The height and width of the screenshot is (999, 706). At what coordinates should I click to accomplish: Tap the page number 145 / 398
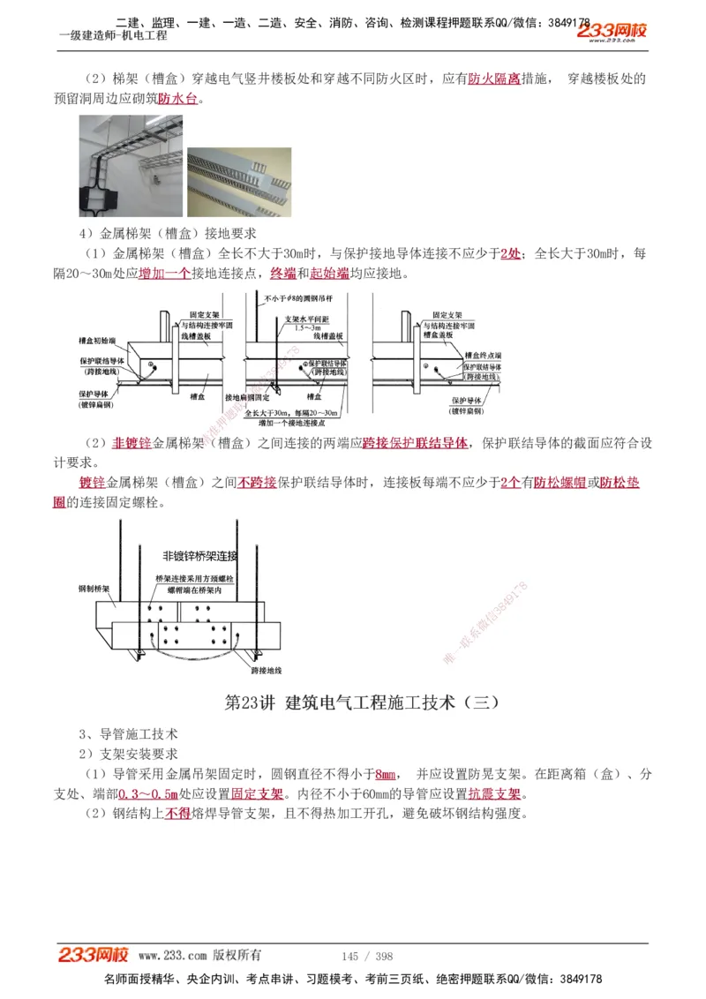click(x=366, y=956)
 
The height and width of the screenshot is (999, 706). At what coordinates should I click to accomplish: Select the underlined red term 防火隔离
click(x=493, y=79)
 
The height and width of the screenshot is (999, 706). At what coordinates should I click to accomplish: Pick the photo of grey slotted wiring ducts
click(x=238, y=182)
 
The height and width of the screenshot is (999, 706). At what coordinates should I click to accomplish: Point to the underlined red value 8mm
click(x=386, y=774)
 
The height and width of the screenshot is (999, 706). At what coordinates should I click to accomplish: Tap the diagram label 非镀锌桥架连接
click(x=200, y=556)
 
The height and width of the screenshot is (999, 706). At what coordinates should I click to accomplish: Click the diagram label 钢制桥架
click(x=94, y=588)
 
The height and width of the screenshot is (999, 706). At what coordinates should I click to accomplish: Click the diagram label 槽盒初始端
click(x=97, y=340)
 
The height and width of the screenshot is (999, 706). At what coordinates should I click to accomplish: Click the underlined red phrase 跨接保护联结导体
click(x=415, y=443)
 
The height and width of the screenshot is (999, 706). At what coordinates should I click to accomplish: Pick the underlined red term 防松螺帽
click(x=560, y=483)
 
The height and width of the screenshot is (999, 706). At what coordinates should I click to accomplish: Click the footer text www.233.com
click(x=172, y=955)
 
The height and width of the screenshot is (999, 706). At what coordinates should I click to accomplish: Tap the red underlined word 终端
click(x=282, y=274)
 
